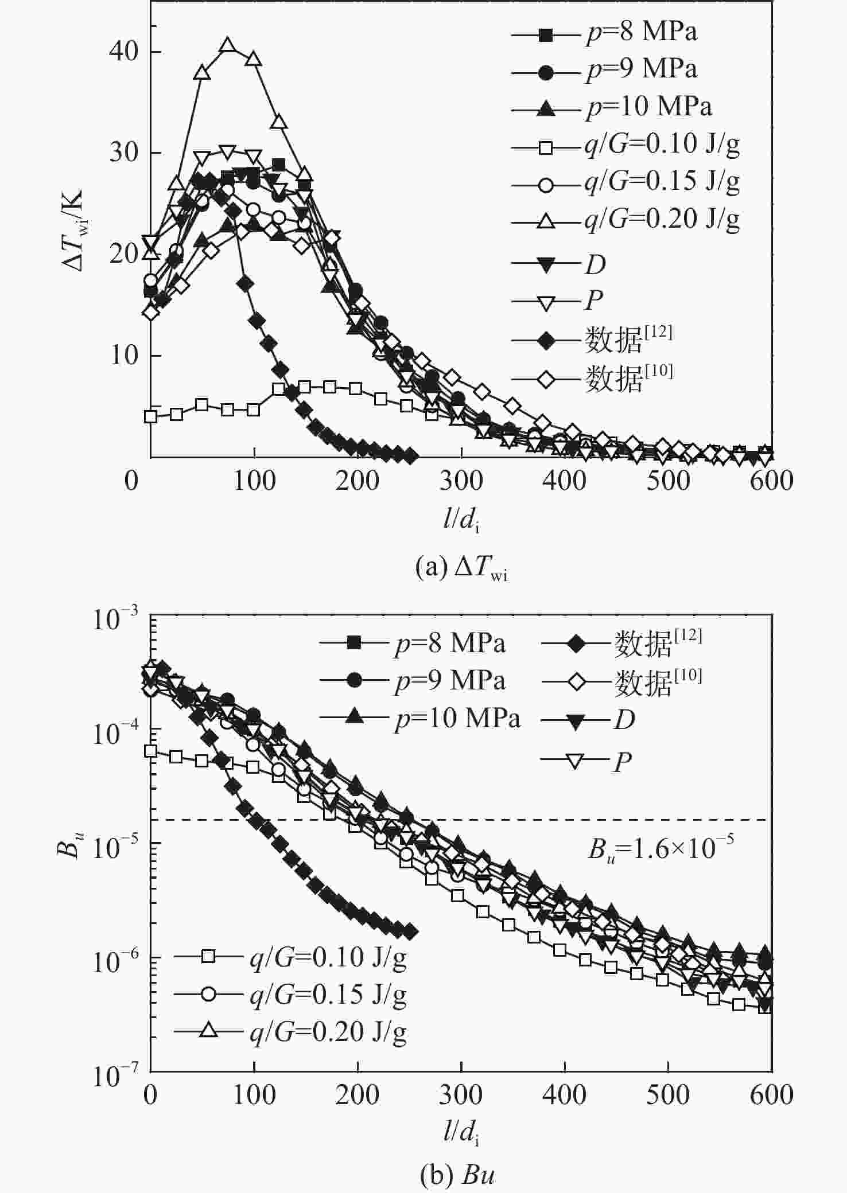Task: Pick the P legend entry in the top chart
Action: coord(594,300)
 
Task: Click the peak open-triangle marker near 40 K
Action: coord(228,45)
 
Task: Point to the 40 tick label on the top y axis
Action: coord(123,52)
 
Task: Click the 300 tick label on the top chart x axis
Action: coord(461,481)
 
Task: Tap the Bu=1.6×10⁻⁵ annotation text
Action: coord(660,848)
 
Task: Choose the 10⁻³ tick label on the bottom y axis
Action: coord(115,621)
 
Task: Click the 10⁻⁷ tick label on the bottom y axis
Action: coord(115,1077)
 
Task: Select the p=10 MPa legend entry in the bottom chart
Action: coord(457,719)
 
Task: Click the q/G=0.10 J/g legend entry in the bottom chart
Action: coord(328,957)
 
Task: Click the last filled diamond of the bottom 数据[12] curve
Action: coord(410,933)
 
